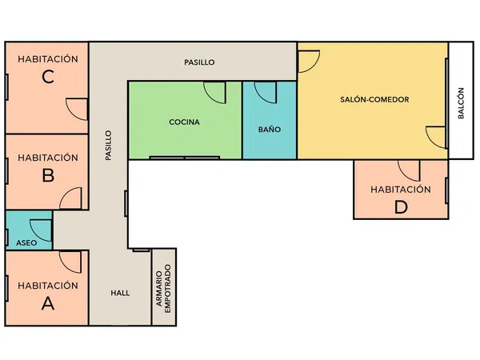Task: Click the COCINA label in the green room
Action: (184, 122)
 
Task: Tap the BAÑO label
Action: (270, 129)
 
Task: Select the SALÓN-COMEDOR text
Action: (374, 99)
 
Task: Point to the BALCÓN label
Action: (461, 103)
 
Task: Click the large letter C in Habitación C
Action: (48, 77)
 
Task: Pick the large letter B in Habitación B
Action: (48, 175)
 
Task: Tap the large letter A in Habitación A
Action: (48, 303)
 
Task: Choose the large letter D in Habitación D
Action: (401, 207)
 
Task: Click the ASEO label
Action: (26, 242)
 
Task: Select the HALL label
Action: (120, 293)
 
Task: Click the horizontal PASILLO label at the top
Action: (199, 62)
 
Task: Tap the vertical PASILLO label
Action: (108, 145)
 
